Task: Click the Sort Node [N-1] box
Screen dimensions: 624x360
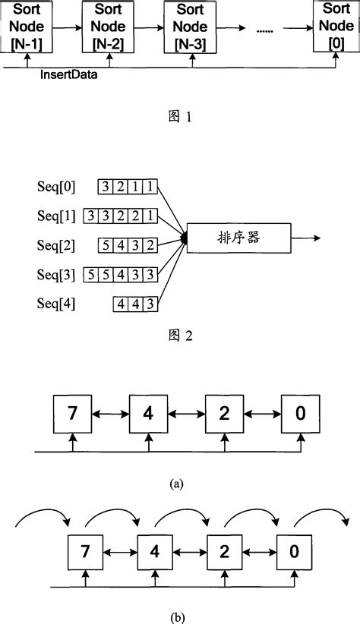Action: click(x=27, y=27)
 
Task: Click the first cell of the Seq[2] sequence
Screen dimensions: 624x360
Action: click(x=106, y=245)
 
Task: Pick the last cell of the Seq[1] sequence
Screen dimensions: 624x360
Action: click(x=151, y=216)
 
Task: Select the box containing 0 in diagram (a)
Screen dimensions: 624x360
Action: click(x=300, y=414)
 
